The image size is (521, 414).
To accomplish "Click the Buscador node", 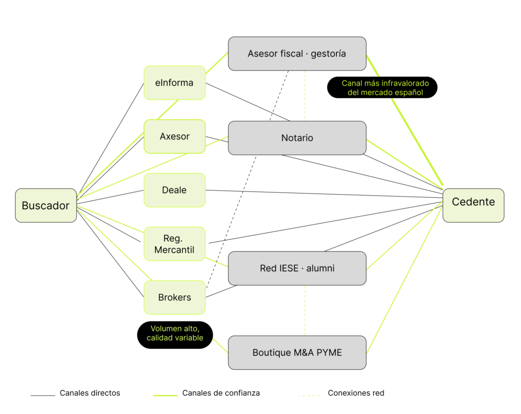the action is pos(46,206).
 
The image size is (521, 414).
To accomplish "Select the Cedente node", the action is pos(473,206).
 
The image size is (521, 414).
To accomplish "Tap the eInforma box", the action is pos(175,83).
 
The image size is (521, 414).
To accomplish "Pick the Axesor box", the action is pos(175,136).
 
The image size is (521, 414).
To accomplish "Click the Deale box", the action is pos(175,190).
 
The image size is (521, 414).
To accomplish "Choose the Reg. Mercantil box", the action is pos(175,244).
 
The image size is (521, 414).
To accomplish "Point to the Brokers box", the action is pos(175,297).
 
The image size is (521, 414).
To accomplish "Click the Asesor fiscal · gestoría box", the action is pos(297,53).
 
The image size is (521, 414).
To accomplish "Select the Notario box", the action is pos(297,138).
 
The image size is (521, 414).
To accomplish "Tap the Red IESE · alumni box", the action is pos(297,268).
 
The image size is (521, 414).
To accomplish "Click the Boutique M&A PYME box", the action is pos(297,352).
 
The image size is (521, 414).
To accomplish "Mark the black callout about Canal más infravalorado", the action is pos(382,88).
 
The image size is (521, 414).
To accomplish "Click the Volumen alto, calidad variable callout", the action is pos(175,335).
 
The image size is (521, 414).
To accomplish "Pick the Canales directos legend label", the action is pos(90,393).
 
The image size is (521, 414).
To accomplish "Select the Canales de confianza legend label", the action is pos(221,393).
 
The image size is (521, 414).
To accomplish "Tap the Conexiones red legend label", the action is pos(356,393).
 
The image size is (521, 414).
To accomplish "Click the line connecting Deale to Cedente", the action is pos(324,194).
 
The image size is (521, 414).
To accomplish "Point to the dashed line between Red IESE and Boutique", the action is pos(305,311).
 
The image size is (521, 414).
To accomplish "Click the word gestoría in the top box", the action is pos(328,53).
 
